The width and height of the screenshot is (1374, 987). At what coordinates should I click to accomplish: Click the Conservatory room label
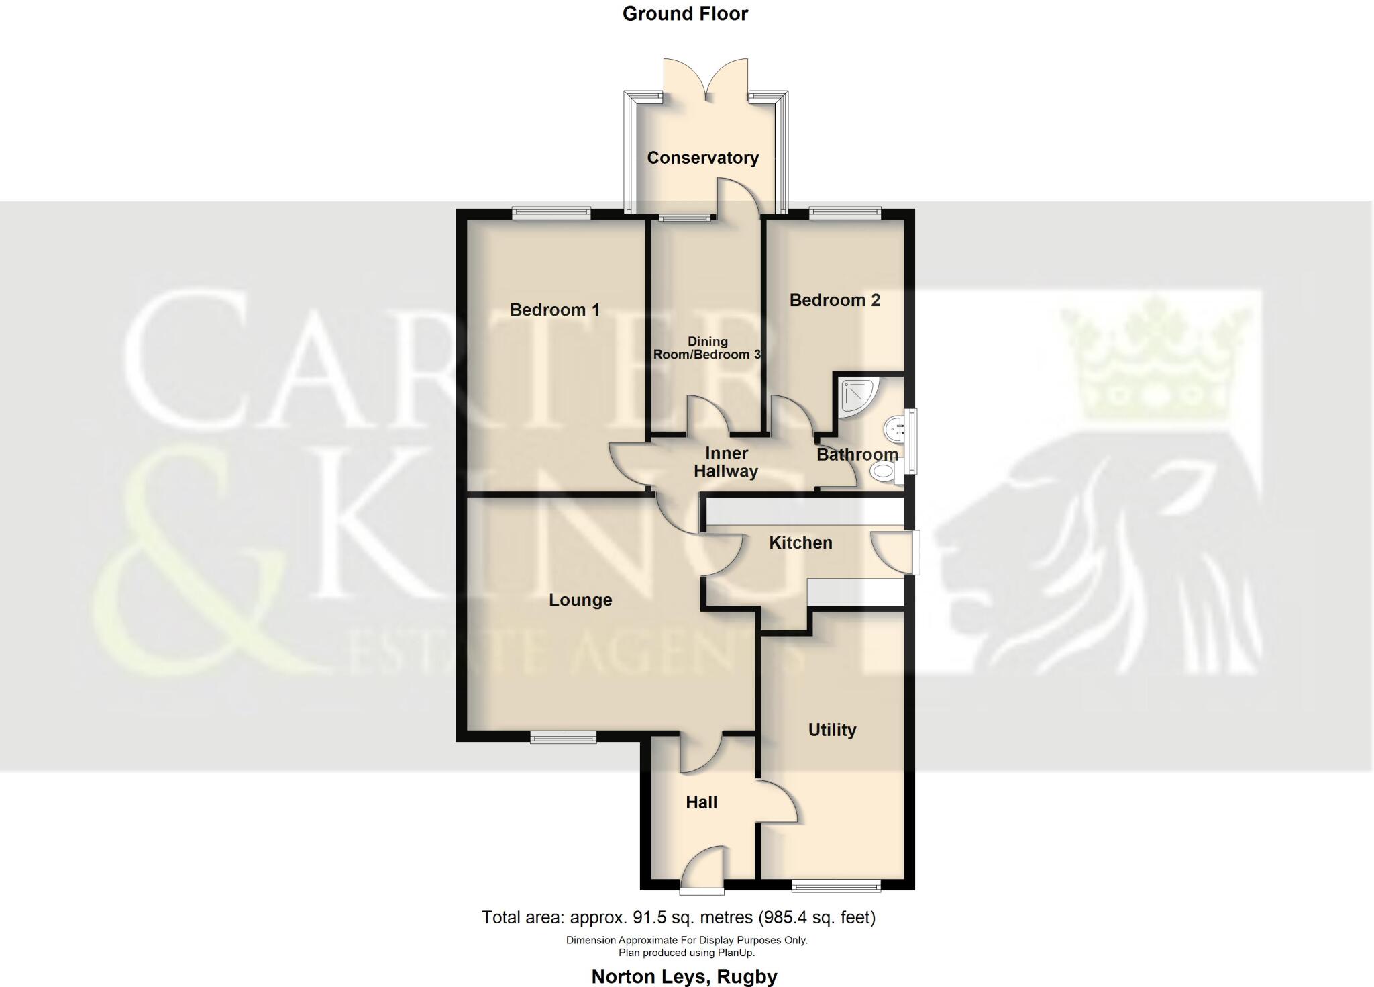(x=702, y=158)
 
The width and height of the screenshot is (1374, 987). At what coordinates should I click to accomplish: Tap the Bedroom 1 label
(x=554, y=310)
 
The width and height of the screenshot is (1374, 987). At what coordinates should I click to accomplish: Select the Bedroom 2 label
(x=834, y=300)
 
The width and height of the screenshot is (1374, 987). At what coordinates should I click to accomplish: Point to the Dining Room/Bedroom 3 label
(x=707, y=348)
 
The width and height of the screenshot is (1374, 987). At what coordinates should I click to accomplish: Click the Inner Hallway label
(x=726, y=463)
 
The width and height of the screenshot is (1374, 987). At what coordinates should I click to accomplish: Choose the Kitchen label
(x=800, y=543)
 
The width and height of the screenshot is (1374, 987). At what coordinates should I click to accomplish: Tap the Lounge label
(x=580, y=600)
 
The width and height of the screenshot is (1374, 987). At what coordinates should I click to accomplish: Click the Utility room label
(x=832, y=730)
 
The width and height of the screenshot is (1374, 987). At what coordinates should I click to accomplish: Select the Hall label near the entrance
(x=701, y=802)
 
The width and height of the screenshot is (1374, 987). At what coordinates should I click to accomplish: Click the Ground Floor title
(x=685, y=13)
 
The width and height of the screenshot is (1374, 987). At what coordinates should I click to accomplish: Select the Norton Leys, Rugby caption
(x=684, y=976)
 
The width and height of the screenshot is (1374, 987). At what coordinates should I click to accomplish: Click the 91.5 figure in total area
(x=648, y=917)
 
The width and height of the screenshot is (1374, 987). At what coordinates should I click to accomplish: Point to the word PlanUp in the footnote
(x=736, y=953)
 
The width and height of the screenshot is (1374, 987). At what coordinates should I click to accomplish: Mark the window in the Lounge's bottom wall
(x=563, y=738)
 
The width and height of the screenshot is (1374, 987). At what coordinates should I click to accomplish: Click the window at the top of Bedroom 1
(x=551, y=214)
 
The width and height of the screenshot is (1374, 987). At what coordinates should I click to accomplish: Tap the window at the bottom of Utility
(x=836, y=887)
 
